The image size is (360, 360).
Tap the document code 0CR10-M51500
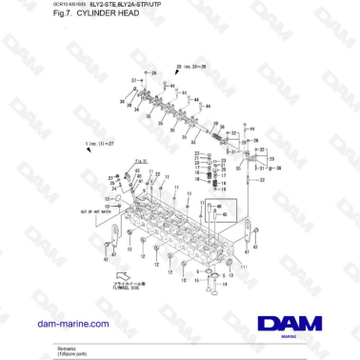pos(29,6)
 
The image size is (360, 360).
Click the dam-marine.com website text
pos(70,324)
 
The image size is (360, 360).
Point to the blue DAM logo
pos(285,323)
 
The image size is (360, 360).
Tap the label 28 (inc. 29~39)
pos(191,68)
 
